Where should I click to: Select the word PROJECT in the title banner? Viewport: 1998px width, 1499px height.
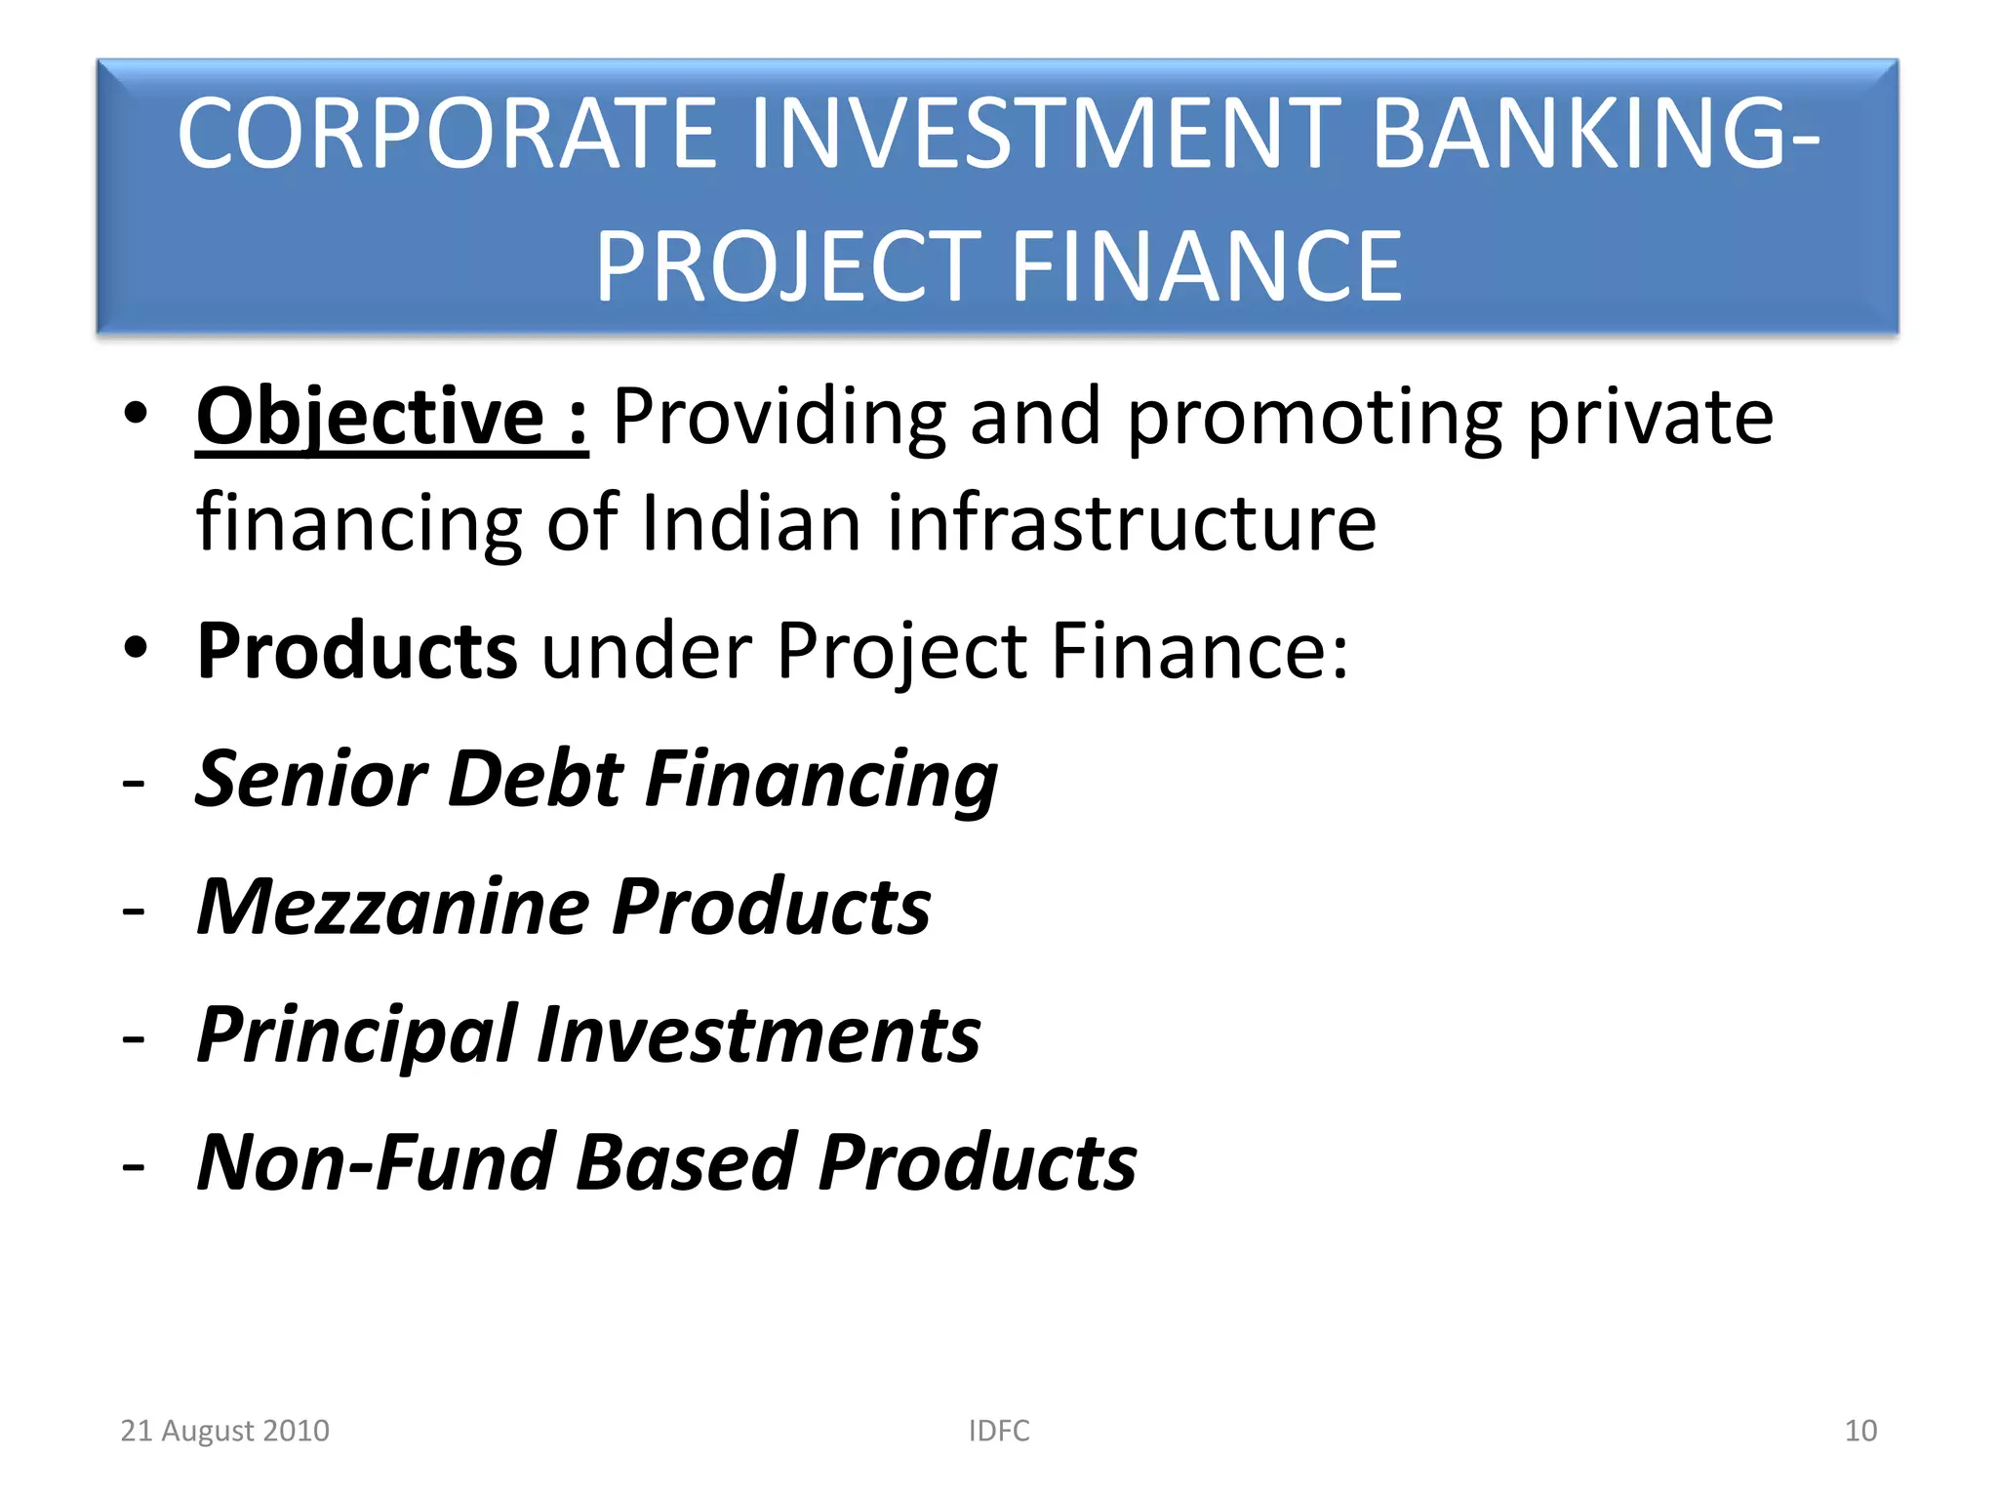tap(788, 266)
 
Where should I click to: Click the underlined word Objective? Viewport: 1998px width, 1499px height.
tap(370, 418)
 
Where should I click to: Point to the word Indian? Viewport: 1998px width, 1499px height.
tap(751, 522)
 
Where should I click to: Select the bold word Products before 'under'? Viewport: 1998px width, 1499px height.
tap(357, 651)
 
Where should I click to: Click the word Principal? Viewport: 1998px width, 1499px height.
tap(357, 1034)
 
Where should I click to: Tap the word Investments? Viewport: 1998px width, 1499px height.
tap(759, 1034)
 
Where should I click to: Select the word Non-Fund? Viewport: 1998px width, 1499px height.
tap(377, 1162)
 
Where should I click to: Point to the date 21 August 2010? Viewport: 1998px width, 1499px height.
tap(224, 1431)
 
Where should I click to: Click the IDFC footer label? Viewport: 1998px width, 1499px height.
tap(999, 1431)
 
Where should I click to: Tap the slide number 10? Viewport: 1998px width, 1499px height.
tap(1860, 1431)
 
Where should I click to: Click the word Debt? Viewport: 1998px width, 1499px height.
tap(535, 779)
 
